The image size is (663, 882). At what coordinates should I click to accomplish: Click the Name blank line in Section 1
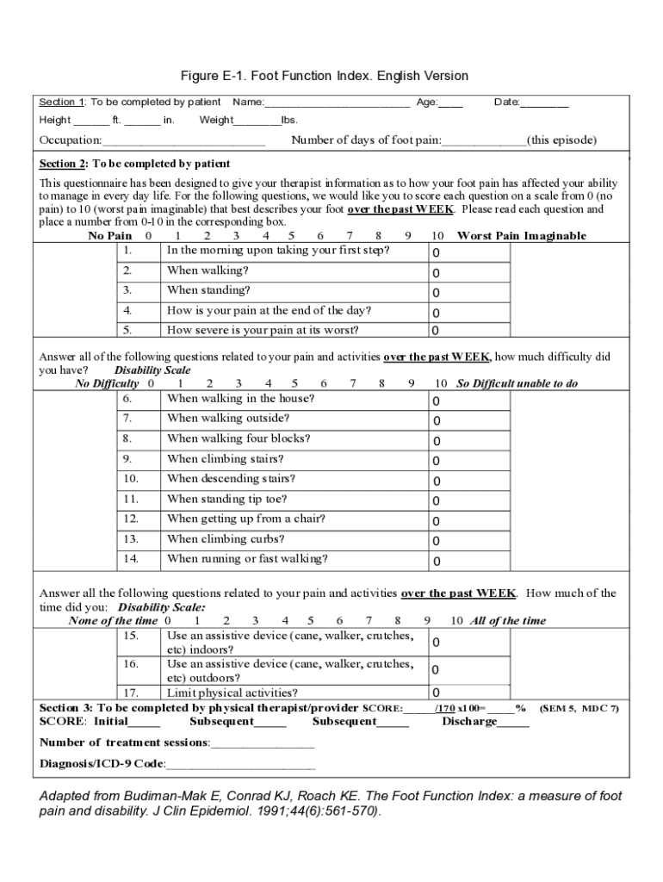[x=337, y=104]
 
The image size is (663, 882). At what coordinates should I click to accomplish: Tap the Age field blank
[x=450, y=104]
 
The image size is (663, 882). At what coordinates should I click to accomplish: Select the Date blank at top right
[x=544, y=104]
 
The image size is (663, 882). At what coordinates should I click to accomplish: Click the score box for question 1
[x=470, y=252]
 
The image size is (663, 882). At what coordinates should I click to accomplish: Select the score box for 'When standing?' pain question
[x=470, y=293]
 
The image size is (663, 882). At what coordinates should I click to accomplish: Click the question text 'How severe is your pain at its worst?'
[x=263, y=330]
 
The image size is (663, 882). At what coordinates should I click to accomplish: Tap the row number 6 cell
[x=139, y=399]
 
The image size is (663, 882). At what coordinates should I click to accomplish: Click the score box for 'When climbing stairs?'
[x=470, y=461]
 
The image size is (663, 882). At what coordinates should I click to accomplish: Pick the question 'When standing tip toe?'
[x=227, y=499]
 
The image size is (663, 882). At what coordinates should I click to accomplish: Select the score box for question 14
[x=470, y=561]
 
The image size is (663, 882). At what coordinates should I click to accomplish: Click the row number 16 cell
[x=139, y=664]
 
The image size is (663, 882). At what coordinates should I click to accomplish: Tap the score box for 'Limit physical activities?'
[x=470, y=693]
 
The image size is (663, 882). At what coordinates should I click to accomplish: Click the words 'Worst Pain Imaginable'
[x=521, y=236]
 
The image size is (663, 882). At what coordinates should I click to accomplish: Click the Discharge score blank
[x=513, y=723]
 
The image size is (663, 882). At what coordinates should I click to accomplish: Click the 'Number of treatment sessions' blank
[x=263, y=743]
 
